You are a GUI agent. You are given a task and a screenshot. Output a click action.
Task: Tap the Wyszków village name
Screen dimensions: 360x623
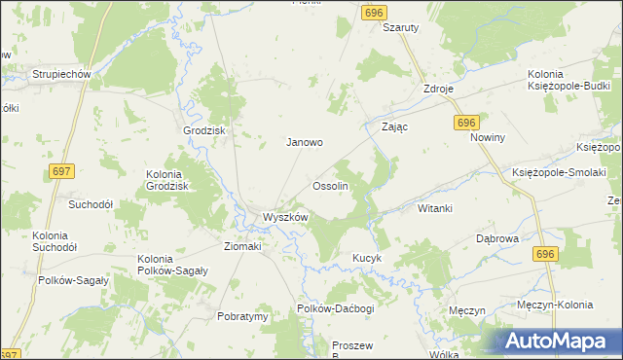coord(284,217)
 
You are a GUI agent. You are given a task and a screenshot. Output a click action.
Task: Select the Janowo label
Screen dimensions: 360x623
coord(304,142)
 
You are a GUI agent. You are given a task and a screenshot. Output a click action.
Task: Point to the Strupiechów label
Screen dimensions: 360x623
coord(61,74)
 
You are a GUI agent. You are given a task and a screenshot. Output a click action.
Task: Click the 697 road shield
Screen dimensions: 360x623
coord(61,171)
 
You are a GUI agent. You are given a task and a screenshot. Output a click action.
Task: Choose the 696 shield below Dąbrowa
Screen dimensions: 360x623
coord(545,253)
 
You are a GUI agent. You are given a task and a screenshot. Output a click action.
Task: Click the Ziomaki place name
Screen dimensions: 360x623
coord(244,247)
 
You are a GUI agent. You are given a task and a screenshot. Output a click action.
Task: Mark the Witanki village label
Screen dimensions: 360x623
coord(435,208)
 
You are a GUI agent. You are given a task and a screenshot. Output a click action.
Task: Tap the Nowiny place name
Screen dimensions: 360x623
coord(489,138)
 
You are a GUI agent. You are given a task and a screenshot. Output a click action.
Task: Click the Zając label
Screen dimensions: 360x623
coord(394,127)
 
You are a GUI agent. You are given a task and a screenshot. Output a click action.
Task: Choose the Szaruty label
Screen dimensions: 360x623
coord(400,28)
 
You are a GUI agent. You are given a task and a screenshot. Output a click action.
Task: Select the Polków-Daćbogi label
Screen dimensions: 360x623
coord(336,307)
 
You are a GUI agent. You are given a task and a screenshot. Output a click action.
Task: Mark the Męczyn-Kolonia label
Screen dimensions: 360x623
coord(555,305)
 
